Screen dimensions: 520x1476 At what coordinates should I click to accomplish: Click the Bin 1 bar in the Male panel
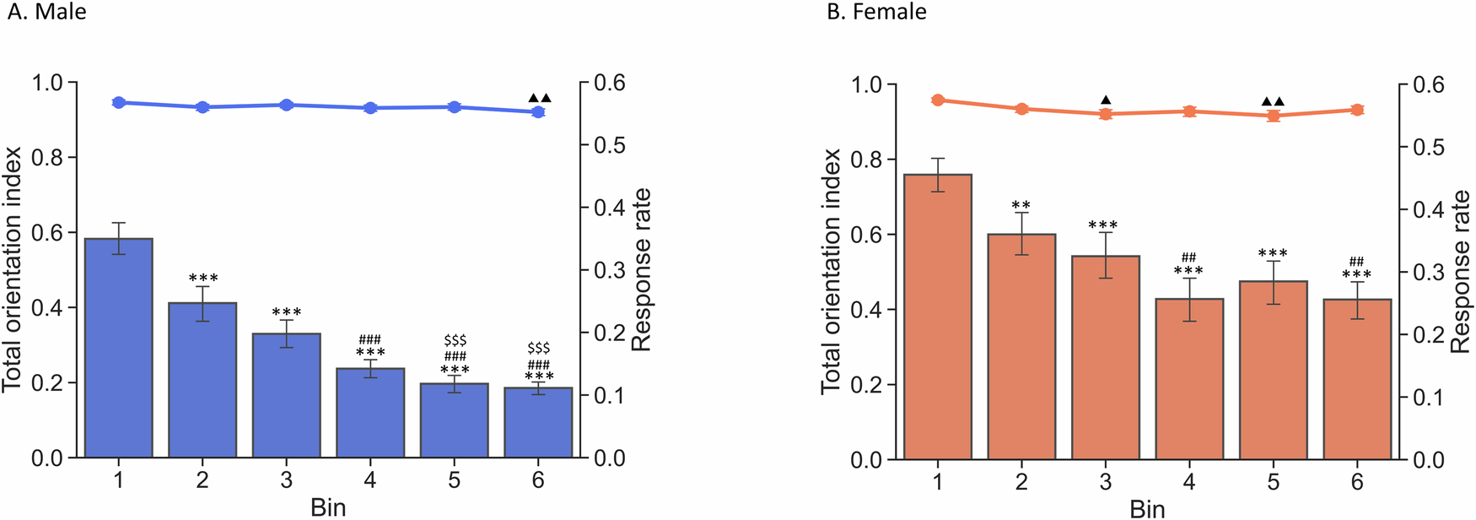pos(118,348)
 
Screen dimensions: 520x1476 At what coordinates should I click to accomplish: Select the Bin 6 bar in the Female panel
pos(1357,380)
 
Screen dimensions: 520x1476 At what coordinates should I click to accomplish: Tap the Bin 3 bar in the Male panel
pos(286,395)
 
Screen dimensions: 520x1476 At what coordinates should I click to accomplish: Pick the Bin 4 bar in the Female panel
pos(1189,379)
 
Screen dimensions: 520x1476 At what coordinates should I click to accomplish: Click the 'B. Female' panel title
pos(876,12)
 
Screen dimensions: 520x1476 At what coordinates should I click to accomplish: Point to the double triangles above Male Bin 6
pos(539,98)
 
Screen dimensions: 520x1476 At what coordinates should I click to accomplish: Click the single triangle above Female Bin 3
pos(1106,100)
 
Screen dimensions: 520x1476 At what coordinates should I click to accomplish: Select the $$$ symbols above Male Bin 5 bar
pos(455,340)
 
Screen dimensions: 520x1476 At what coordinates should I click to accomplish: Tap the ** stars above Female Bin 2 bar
pos(1021,205)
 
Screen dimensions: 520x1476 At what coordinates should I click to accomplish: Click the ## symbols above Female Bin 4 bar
pos(1188,257)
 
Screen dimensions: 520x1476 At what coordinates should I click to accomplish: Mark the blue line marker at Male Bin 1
pos(118,102)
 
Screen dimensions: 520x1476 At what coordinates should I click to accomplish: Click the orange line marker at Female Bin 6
pos(1357,110)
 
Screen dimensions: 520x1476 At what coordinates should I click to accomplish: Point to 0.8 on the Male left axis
pos(47,158)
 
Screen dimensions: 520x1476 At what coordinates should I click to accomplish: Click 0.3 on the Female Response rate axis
pos(1428,272)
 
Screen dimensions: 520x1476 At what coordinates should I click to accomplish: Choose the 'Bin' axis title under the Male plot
pos(328,506)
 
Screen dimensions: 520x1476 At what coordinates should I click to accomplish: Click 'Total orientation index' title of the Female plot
pos(832,271)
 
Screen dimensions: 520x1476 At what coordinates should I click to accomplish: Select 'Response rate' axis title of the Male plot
pos(641,269)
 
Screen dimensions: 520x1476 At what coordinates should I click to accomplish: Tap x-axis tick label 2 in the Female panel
pos(1021,482)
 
